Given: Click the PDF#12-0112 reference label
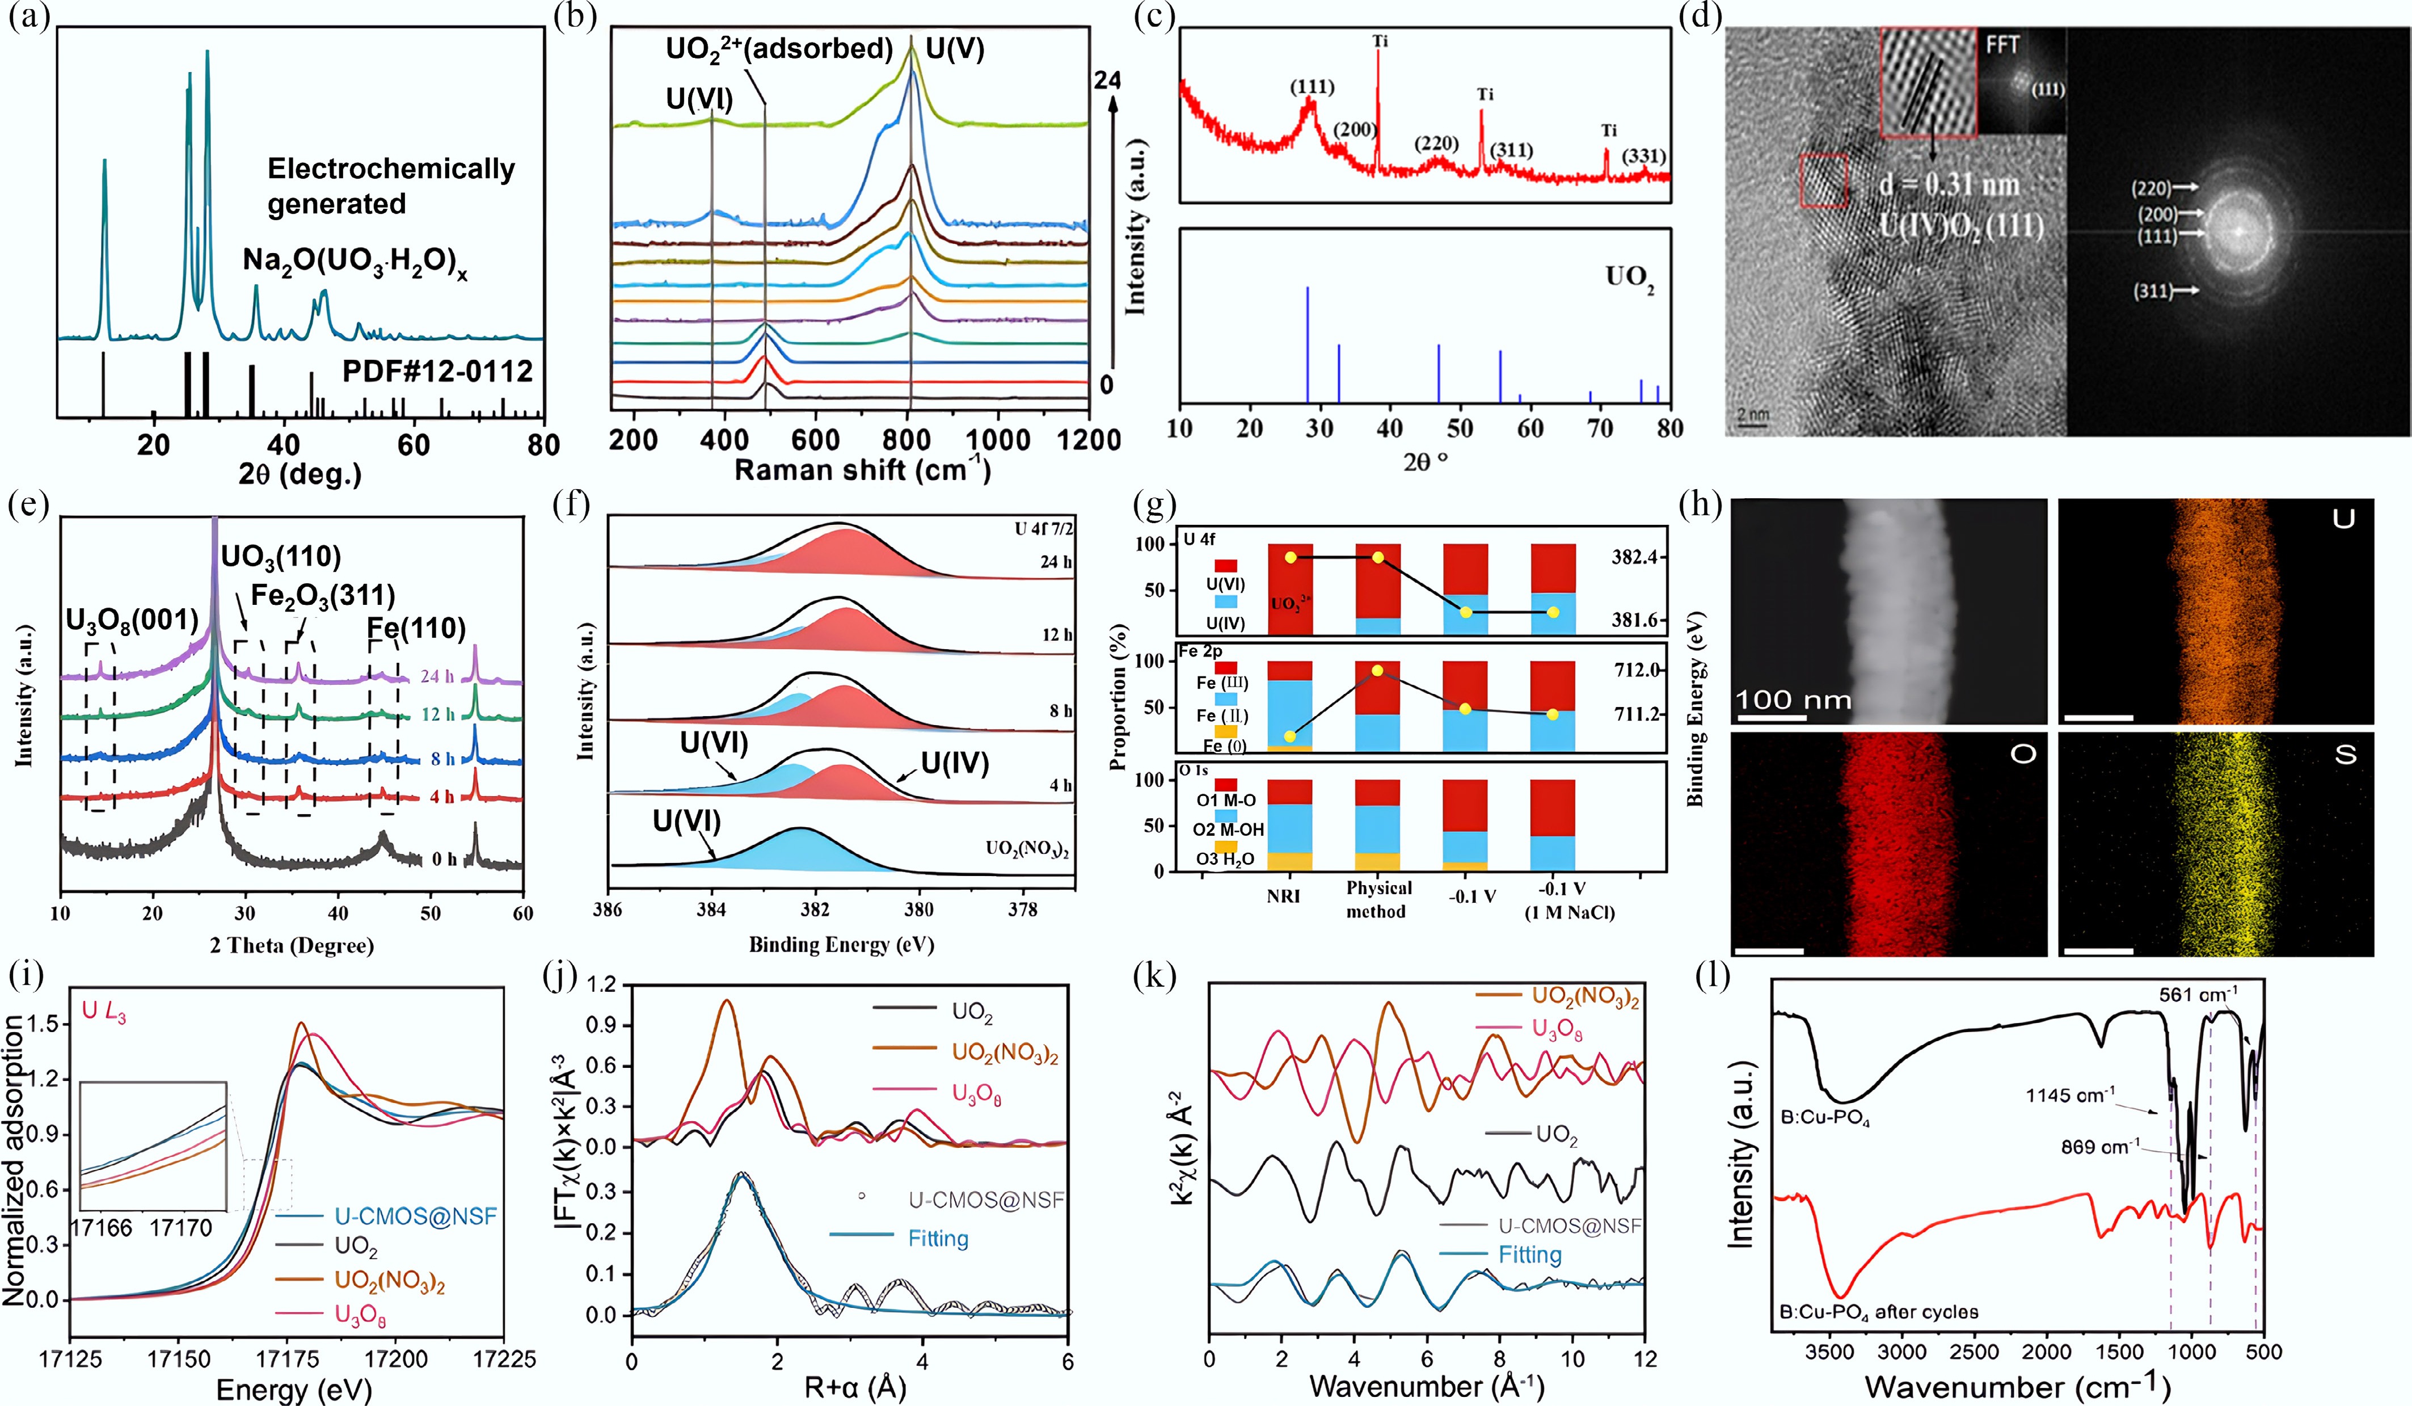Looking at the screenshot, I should tap(437, 372).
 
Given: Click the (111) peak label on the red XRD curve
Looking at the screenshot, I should tap(1312, 87).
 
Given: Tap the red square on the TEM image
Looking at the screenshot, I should tap(1823, 180).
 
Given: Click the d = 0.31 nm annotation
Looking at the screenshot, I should tap(1950, 185).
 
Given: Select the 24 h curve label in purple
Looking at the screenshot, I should tap(436, 677).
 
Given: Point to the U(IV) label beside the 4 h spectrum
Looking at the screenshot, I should tap(954, 763).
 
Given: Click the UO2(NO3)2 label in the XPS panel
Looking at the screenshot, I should tap(1027, 849).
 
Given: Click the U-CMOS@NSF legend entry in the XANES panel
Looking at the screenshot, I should tap(415, 1216).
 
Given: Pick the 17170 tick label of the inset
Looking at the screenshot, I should tap(180, 1228).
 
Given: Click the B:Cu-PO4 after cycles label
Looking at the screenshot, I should tap(1878, 1312).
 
